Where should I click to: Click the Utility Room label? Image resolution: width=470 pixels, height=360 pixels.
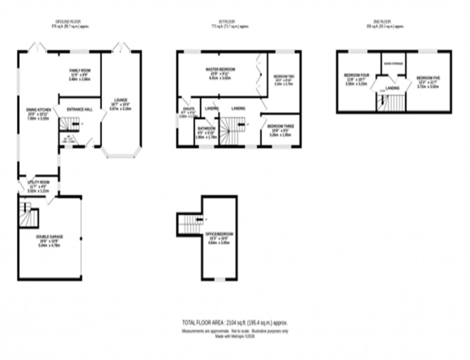[38, 182]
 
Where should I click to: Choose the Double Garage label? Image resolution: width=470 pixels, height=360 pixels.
[49, 237]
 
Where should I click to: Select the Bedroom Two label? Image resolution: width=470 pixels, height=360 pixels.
[283, 77]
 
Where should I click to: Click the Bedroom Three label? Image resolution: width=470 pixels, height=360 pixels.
[281, 126]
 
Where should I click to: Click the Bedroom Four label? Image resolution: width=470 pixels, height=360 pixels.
[356, 75]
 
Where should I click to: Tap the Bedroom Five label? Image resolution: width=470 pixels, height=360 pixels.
[427, 78]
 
